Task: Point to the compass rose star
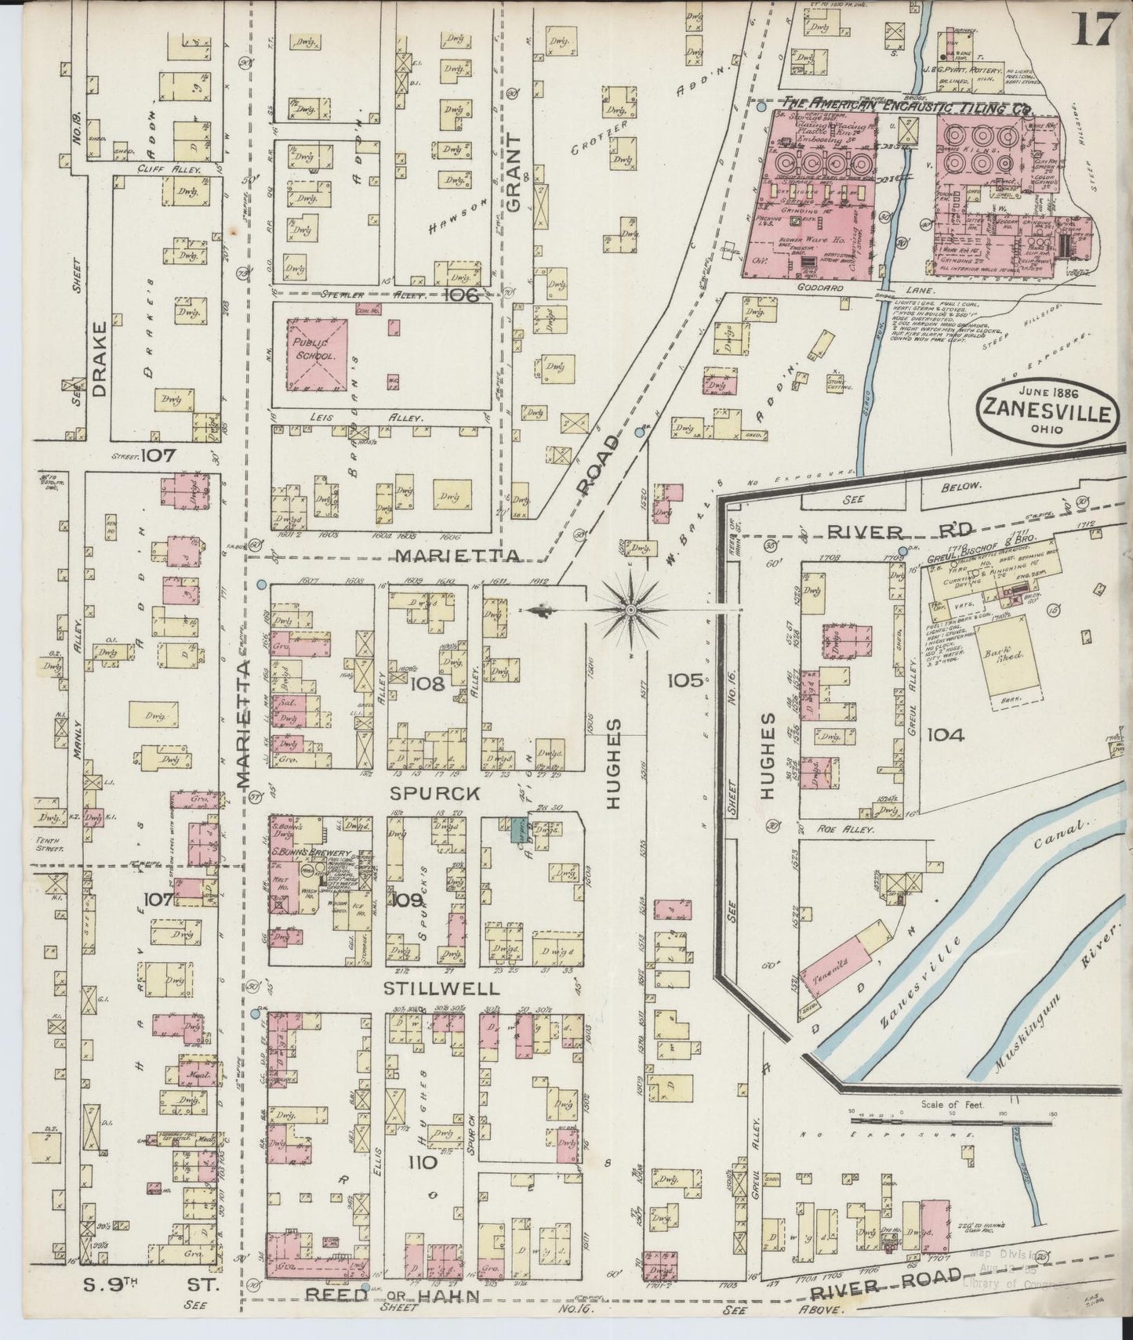coord(630,609)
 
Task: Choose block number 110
coord(421,1163)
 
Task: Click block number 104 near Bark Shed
coord(945,734)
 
